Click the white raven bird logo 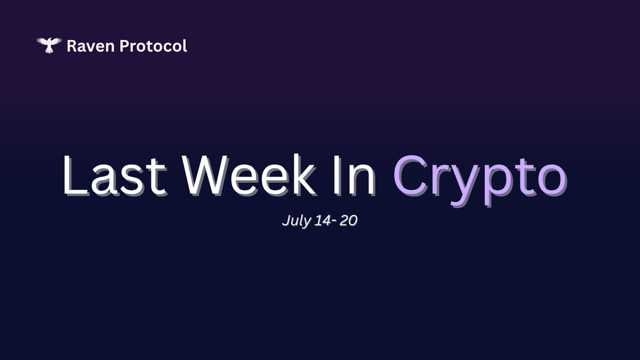pos(49,45)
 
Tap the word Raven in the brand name pos(91,46)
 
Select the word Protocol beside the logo pos(154,46)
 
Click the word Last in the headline pos(114,175)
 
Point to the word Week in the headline pos(249,175)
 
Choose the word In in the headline pos(354,175)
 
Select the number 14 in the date pos(323,221)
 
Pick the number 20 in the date pos(348,221)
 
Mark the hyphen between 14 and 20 pos(334,222)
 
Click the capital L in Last pos(75,175)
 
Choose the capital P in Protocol pos(125,46)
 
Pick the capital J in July pos(286,221)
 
